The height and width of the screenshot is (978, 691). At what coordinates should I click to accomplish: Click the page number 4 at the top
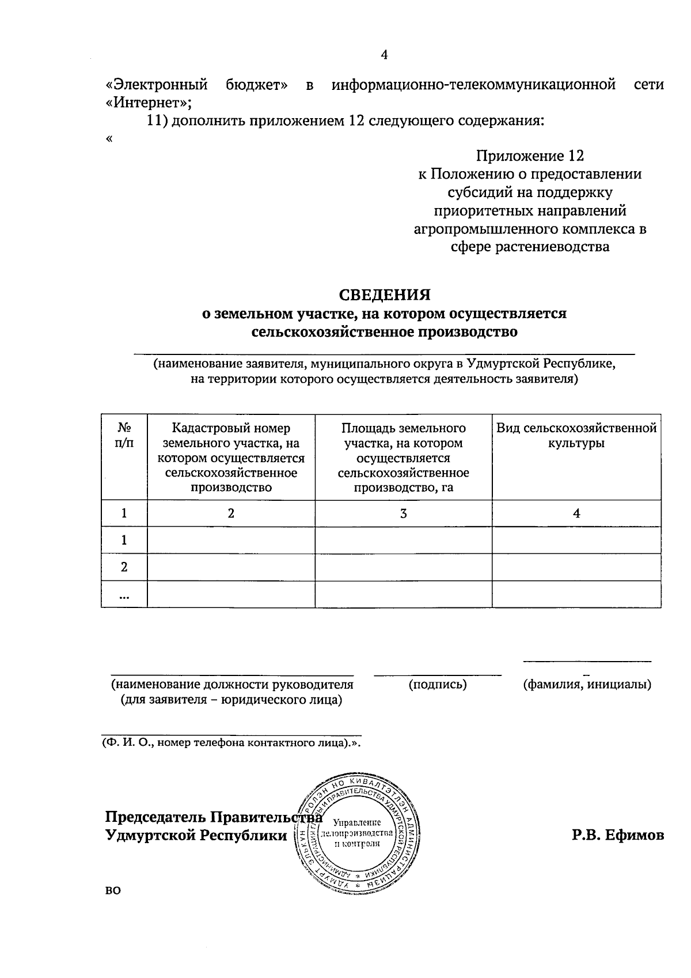coord(384,55)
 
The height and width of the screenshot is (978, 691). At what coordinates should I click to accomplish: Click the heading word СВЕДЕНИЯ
coord(384,295)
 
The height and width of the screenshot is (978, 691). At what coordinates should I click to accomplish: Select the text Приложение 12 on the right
coord(530,156)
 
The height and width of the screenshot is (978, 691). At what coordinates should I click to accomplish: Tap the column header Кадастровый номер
coord(231,428)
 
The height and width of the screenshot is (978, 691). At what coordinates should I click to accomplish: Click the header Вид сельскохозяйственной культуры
coord(576,436)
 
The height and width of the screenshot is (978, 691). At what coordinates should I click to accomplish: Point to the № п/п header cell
coord(124,436)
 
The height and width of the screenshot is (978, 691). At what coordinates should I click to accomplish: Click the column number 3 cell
coord(403,513)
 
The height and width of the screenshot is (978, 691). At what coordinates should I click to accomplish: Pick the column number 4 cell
coord(576,513)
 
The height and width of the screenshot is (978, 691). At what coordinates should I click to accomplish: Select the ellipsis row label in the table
coord(124,595)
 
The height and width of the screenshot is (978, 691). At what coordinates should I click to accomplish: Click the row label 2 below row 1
coord(124,567)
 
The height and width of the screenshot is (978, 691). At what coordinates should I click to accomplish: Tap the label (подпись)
coord(438,685)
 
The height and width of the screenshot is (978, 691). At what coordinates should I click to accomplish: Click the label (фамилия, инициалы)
coord(587,685)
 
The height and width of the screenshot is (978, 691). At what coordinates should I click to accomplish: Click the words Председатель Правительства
coord(213,817)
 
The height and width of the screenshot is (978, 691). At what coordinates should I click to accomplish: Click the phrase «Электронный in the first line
coord(157,85)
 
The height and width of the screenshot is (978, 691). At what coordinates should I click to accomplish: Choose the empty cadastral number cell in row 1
coord(231,540)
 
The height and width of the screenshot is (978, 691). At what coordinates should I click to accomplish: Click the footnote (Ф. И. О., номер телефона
coord(230,743)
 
